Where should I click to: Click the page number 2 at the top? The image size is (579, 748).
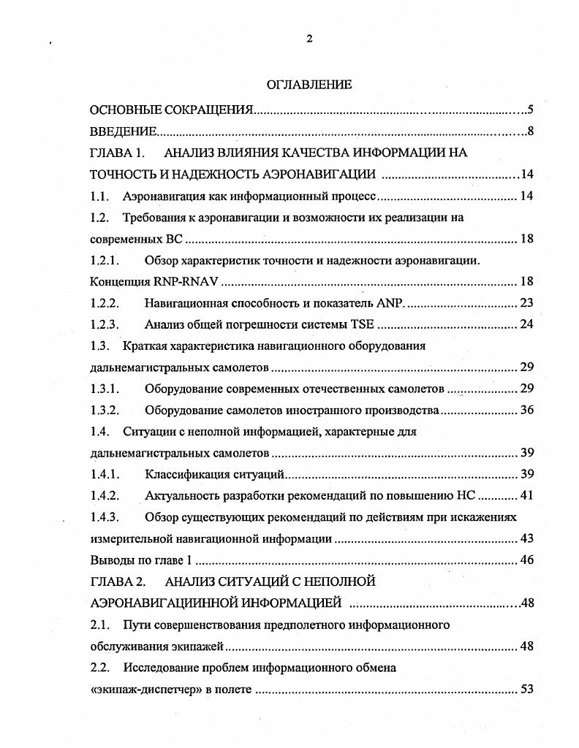coord(309,39)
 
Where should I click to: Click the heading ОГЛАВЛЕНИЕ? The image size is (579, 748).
coord(309,85)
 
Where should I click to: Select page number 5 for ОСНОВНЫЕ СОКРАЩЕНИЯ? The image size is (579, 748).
coord(531,110)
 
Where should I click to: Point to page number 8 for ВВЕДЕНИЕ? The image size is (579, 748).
coord(531,132)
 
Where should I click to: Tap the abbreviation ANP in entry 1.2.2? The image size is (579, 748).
coord(393,303)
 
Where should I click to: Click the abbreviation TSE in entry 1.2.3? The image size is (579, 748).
coord(363,324)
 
